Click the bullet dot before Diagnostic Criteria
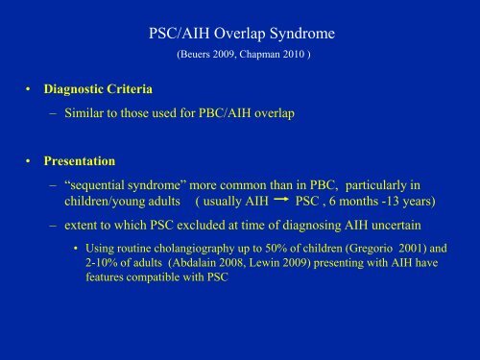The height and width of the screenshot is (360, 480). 32,91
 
